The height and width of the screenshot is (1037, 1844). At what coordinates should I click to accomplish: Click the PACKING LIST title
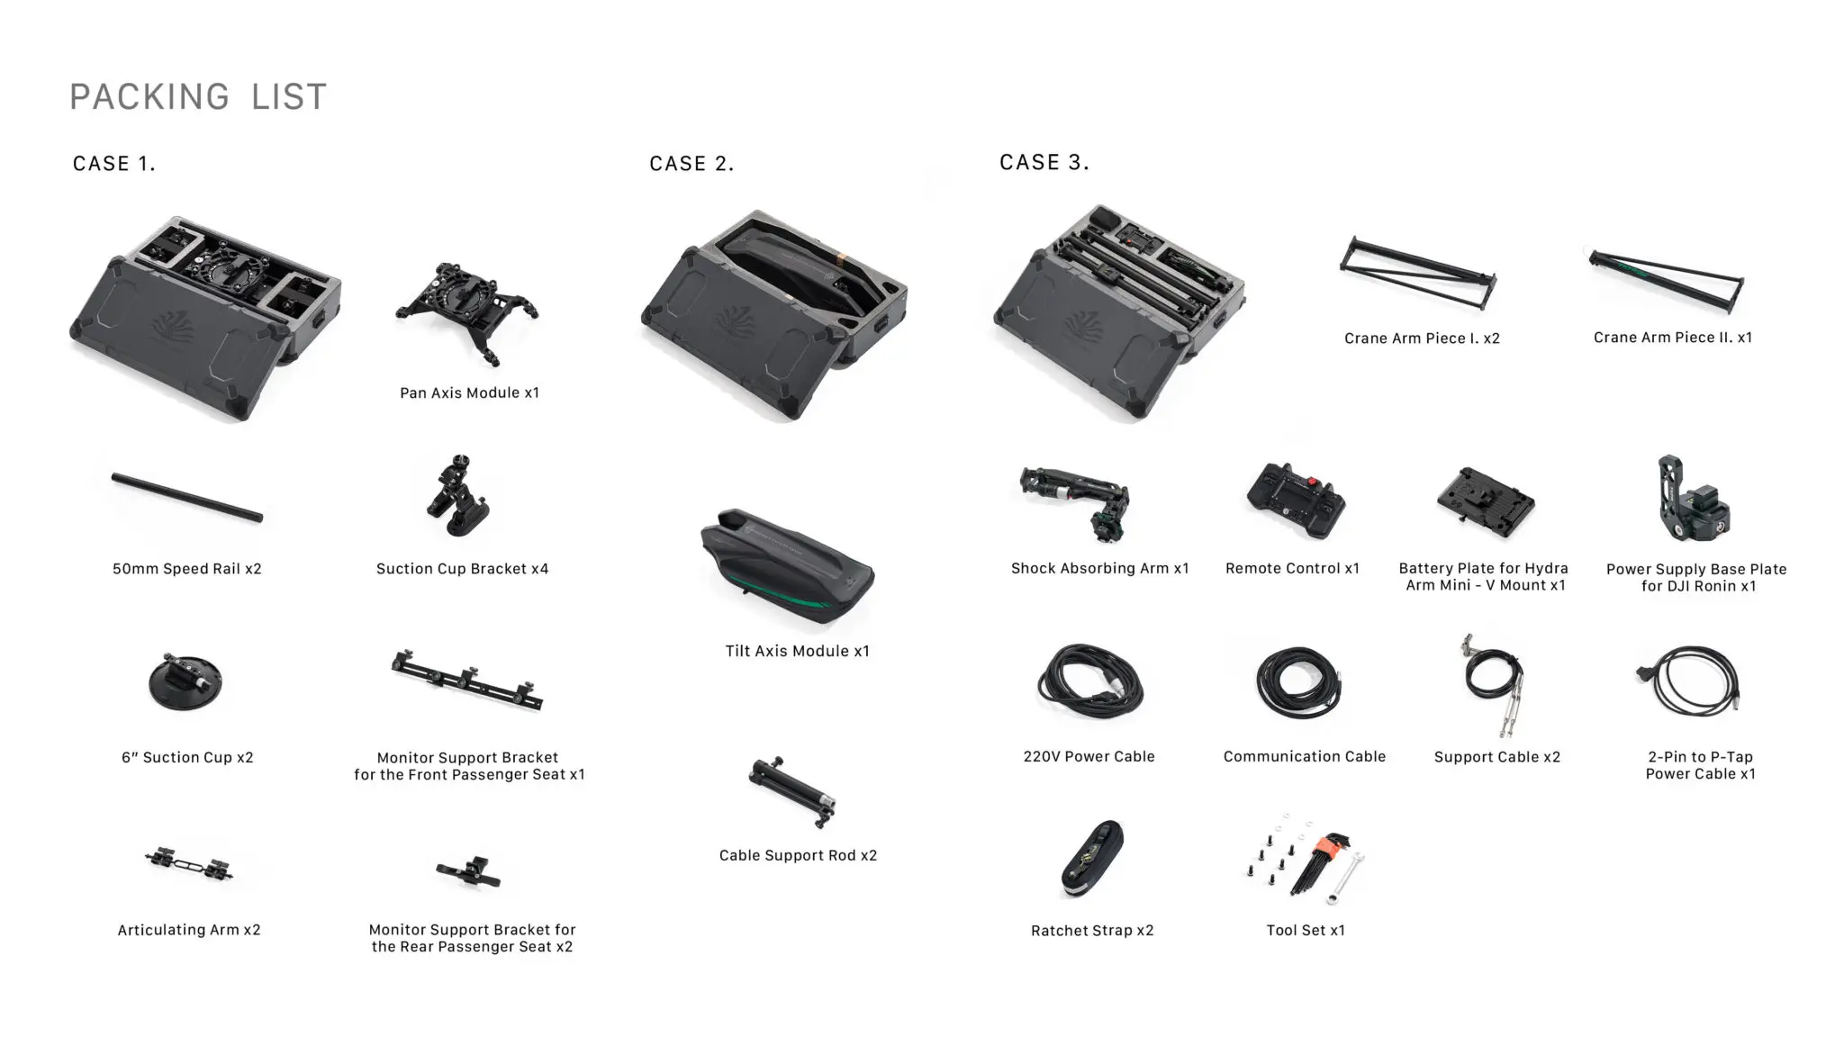[x=198, y=96]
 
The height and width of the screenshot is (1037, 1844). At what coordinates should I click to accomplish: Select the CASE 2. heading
[x=691, y=164]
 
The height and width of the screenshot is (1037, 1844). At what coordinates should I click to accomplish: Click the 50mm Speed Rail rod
[x=187, y=497]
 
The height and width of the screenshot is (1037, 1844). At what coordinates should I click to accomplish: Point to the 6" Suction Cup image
[x=185, y=681]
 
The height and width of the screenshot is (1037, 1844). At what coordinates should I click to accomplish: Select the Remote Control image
[x=1296, y=500]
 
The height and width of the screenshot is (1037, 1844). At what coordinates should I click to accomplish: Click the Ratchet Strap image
[x=1091, y=860]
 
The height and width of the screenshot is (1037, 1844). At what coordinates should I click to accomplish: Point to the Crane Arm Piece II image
[x=1667, y=281]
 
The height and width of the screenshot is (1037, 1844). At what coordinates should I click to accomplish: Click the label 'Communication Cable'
[x=1305, y=757]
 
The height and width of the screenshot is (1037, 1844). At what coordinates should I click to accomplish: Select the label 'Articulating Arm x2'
[x=189, y=930]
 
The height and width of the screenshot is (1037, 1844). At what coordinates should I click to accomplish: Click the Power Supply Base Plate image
[x=1693, y=500]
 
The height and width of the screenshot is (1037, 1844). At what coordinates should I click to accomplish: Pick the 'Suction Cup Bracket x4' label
[x=462, y=569]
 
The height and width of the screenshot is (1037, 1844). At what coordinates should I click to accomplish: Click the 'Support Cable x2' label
[x=1497, y=757]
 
